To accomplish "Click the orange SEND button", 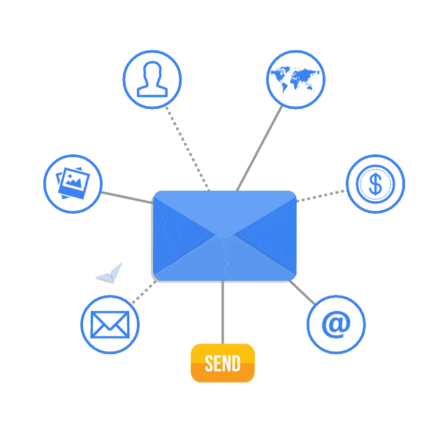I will point(223,363).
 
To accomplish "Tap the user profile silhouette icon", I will point(152,79).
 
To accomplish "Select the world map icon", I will point(295,79).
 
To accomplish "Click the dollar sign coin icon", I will point(376,184).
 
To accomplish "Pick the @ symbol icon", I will point(336,324).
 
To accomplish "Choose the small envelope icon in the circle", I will point(110,324).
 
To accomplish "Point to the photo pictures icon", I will point(73,183).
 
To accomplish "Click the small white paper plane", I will point(110,274).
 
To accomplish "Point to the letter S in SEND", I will point(209,363).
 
